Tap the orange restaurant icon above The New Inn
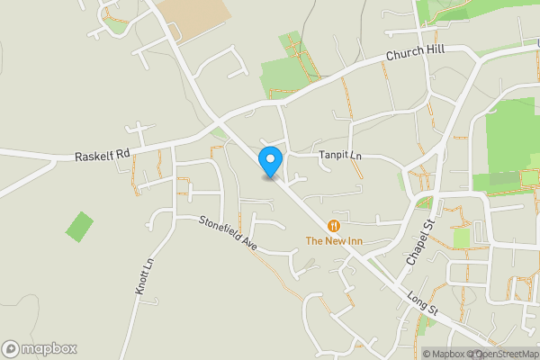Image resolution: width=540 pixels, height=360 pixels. click(x=334, y=225)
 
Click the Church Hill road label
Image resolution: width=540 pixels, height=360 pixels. click(x=417, y=54)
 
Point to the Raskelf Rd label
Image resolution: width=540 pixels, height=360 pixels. click(x=103, y=155)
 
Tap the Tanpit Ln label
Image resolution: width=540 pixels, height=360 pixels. click(x=340, y=155)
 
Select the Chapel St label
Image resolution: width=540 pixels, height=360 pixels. click(x=420, y=240)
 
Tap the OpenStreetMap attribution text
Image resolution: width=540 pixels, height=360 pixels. click(x=504, y=354)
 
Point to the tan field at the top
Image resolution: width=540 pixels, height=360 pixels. click(x=194, y=16)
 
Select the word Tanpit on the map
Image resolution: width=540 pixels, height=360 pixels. click(x=333, y=155)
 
